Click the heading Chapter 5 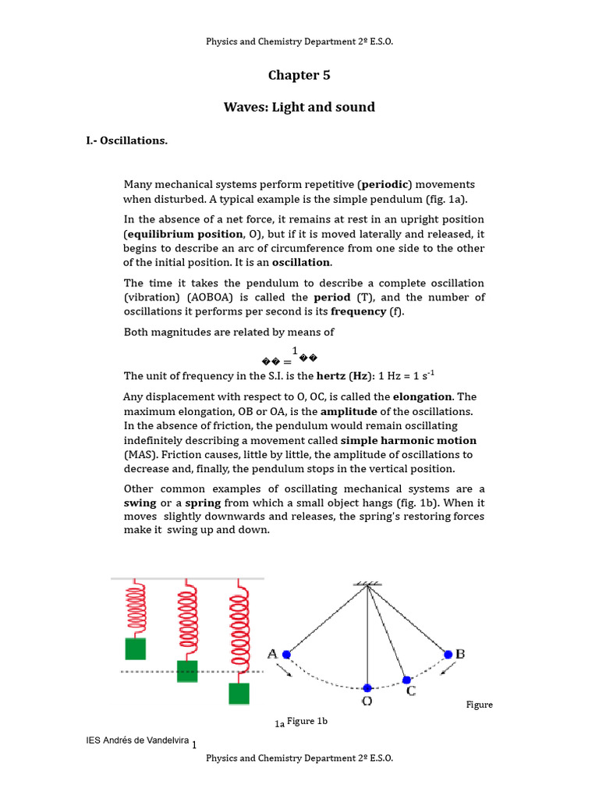(299, 75)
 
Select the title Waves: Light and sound (299, 107)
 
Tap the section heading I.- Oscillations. (126, 140)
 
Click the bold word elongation (424, 396)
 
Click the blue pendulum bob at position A (287, 655)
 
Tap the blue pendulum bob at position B (448, 654)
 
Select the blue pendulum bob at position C (406, 680)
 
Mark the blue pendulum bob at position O (367, 688)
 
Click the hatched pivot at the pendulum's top (367, 584)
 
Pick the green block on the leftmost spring (136, 648)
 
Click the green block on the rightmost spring (239, 694)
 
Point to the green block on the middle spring (187, 671)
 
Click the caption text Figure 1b (307, 721)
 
